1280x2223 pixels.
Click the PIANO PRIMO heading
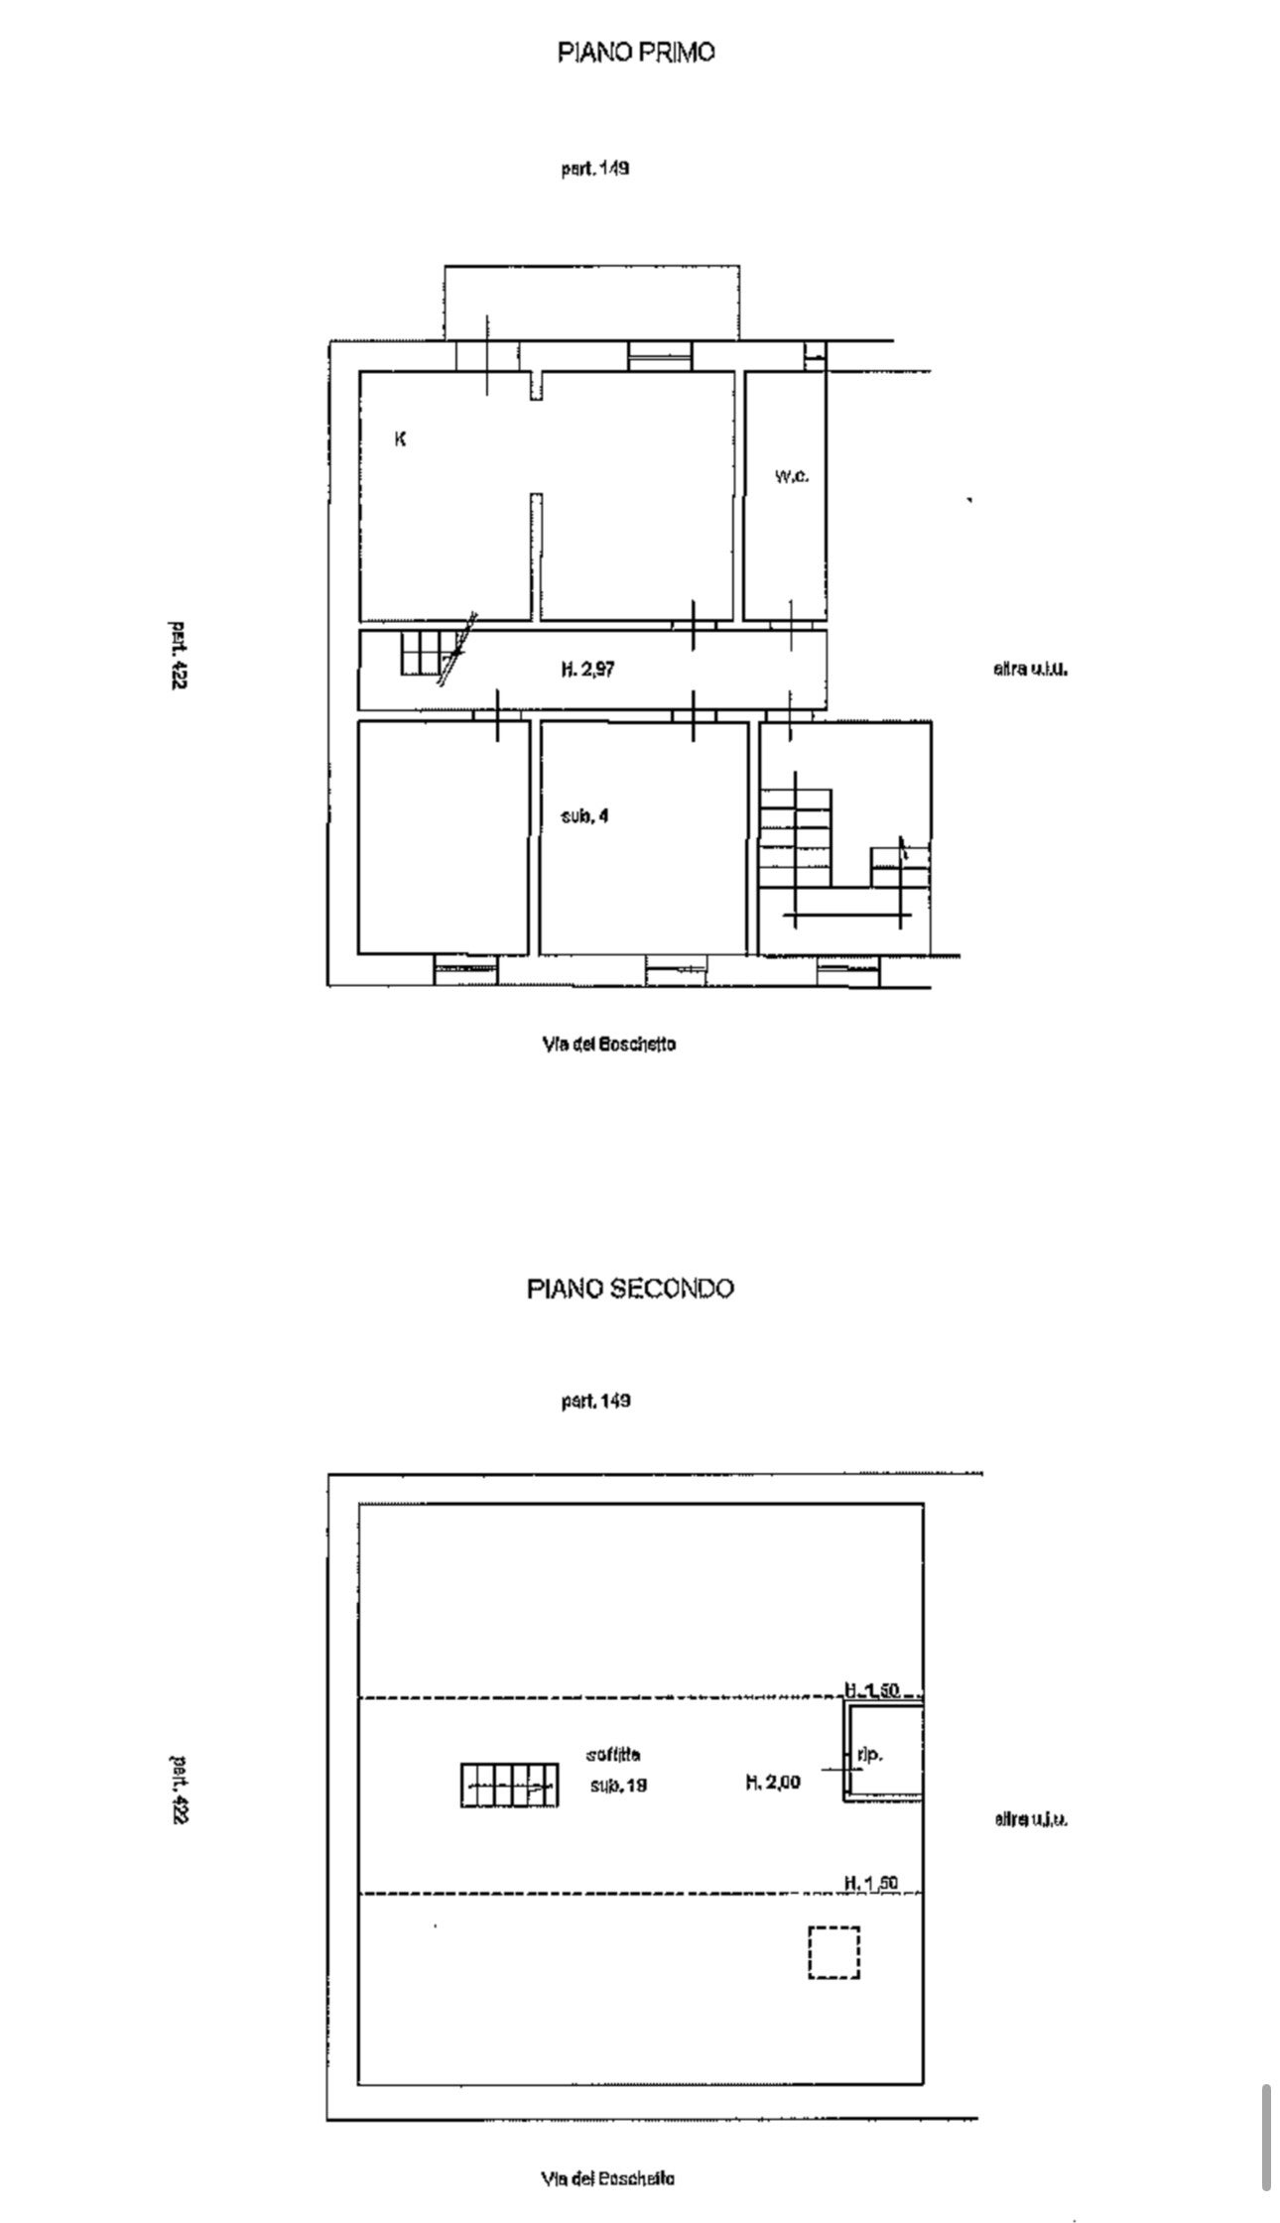635,53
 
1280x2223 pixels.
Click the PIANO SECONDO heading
630,1289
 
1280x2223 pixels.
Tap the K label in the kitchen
400,439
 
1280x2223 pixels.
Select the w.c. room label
791,476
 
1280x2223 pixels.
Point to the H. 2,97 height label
588,670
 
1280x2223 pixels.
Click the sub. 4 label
585,816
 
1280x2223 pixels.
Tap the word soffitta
614,1754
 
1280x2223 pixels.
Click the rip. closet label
869,1755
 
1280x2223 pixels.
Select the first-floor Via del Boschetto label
609,1044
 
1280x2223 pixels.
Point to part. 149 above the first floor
595,169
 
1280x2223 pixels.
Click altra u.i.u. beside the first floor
1030,670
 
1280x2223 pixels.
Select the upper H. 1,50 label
871,1688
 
